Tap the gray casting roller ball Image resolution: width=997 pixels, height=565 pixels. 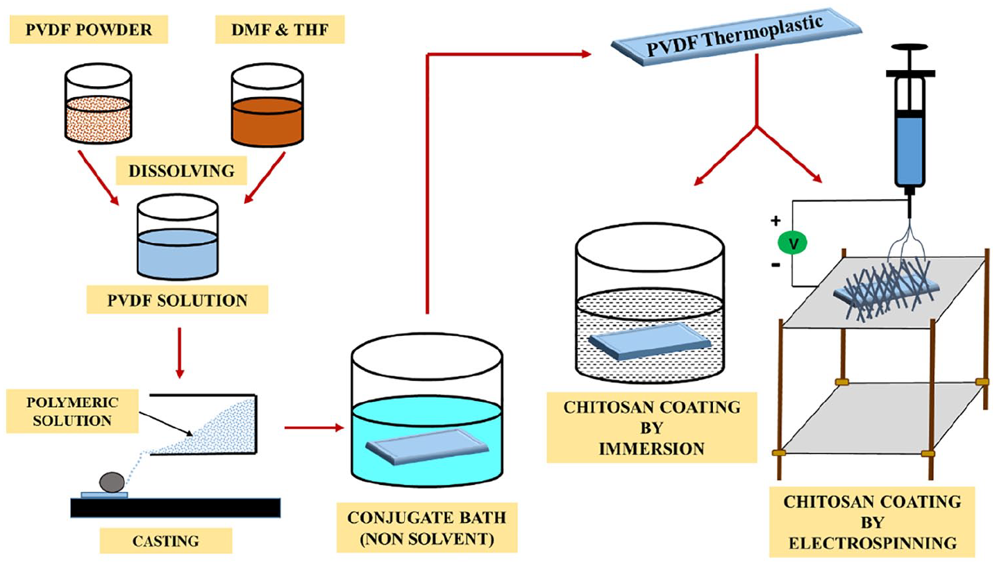click(x=113, y=481)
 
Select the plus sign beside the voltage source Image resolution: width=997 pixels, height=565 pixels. click(x=775, y=221)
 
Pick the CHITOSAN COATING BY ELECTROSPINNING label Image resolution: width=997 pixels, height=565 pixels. click(x=871, y=522)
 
